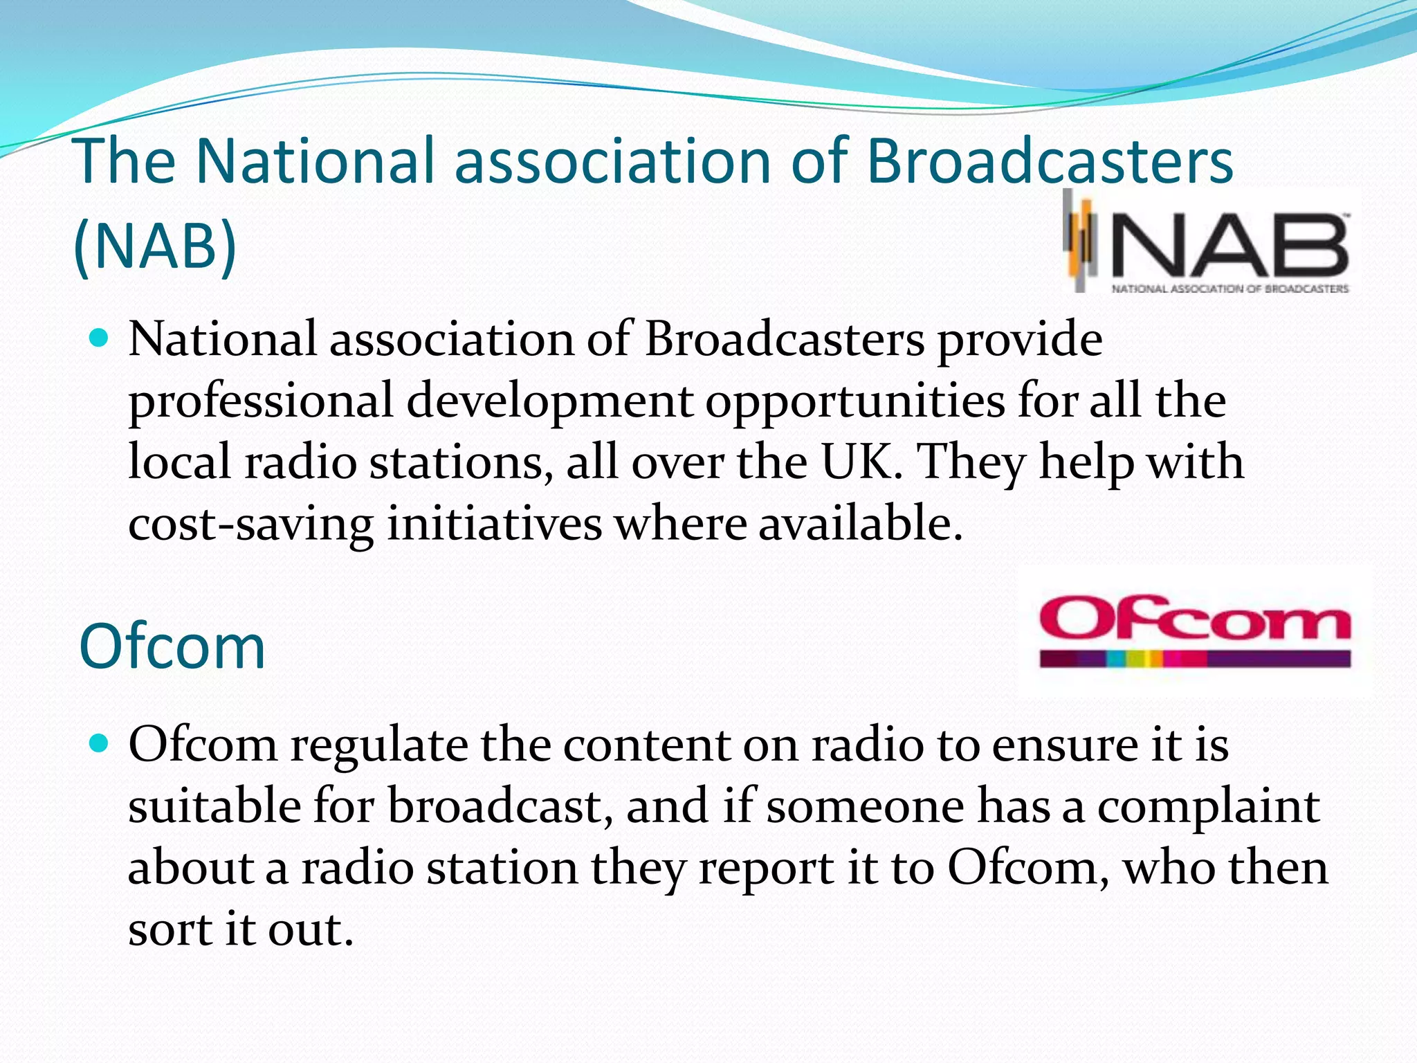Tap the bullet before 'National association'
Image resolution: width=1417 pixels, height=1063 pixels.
[x=100, y=338]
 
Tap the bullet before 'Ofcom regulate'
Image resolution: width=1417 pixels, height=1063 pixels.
[x=100, y=744]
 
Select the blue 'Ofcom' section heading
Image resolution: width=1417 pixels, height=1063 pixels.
[x=172, y=646]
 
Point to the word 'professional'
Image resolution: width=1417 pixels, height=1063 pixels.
[x=260, y=401]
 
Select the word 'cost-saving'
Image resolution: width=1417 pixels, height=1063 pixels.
[x=250, y=524]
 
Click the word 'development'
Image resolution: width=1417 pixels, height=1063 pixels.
[x=549, y=401]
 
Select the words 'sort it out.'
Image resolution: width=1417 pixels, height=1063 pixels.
[x=241, y=929]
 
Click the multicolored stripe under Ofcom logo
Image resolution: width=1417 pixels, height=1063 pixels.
[x=1195, y=658]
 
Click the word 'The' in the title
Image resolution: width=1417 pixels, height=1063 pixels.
[x=126, y=161]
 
